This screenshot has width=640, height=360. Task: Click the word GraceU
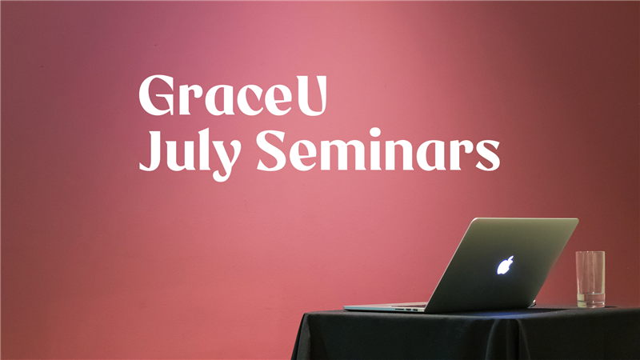point(233,95)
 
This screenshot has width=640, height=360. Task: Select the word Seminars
point(378,150)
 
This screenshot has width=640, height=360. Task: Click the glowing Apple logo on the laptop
point(506,266)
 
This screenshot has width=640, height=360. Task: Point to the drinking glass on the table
point(590,279)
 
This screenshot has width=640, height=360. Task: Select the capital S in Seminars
point(271,150)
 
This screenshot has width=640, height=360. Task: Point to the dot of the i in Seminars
point(374,132)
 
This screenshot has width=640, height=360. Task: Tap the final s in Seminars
point(488,155)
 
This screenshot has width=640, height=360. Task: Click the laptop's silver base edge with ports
point(386,307)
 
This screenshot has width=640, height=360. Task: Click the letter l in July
point(203,150)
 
